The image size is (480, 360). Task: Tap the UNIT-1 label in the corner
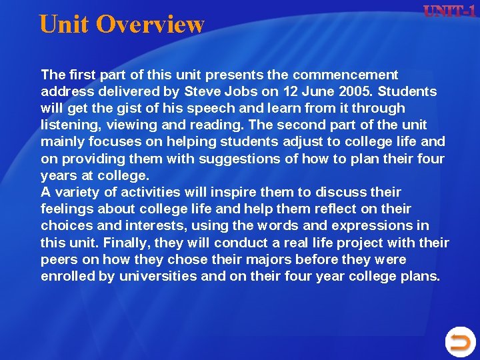click(x=450, y=12)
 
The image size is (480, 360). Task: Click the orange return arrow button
click(x=459, y=343)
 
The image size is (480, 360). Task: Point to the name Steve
click(x=202, y=91)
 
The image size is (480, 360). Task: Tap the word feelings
click(x=68, y=209)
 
